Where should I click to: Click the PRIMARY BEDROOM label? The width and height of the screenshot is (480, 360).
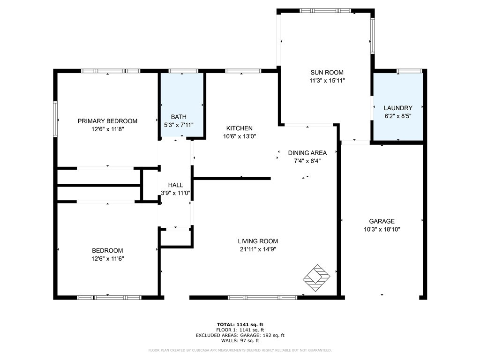click(x=107, y=121)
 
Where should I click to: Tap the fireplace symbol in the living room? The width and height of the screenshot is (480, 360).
click(x=316, y=278)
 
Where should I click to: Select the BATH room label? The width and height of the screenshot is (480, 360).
click(x=179, y=117)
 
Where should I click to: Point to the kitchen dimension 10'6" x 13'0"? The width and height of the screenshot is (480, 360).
click(x=240, y=136)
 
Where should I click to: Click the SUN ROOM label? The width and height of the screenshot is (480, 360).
click(x=327, y=73)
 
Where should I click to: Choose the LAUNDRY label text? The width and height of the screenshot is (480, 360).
click(x=398, y=108)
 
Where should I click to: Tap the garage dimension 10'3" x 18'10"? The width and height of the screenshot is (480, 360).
click(x=382, y=229)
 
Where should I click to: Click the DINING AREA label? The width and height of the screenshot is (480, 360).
click(x=307, y=153)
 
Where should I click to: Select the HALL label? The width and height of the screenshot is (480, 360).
click(x=175, y=185)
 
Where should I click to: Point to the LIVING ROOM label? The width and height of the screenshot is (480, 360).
click(x=258, y=241)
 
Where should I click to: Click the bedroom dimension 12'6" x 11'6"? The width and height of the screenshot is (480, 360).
click(x=107, y=259)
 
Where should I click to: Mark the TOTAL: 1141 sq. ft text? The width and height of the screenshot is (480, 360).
click(x=240, y=325)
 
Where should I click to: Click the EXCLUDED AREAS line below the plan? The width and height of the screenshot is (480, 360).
click(x=240, y=335)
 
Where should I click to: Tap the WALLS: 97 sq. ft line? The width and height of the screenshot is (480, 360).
click(x=240, y=340)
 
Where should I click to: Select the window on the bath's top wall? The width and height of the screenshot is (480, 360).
click(x=183, y=71)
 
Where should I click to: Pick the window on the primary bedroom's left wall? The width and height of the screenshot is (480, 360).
click(x=55, y=119)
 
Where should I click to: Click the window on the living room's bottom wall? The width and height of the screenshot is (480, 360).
click(x=262, y=297)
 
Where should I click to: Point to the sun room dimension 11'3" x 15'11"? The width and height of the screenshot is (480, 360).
click(x=327, y=81)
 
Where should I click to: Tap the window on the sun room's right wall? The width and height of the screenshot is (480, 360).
click(x=373, y=36)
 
